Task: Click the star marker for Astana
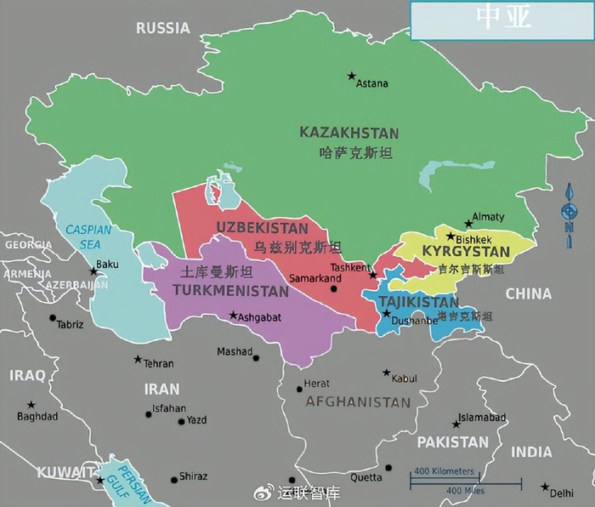coord(351,77)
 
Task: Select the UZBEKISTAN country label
coord(262,228)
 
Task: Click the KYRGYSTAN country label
coord(466,253)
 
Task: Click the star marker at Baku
coord(93,271)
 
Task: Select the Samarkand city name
coord(314,278)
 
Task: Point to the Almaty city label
coord(488,217)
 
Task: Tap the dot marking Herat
coord(298,389)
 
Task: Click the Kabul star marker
coord(387,373)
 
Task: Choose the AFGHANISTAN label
coord(358,402)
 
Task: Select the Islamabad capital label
coord(482,418)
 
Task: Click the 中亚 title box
coord(502,20)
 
